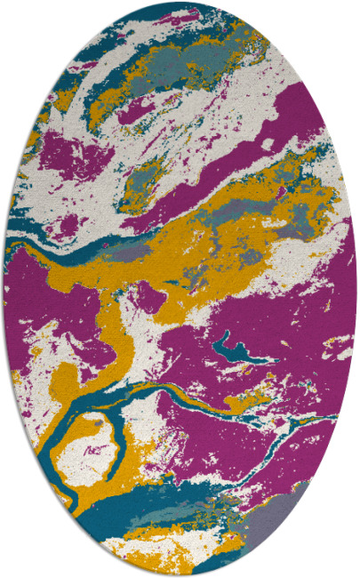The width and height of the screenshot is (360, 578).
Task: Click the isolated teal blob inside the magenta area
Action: click(238, 348)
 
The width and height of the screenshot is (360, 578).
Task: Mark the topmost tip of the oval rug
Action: click(180, 2)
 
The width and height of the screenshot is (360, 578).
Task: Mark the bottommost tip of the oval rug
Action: click(180, 575)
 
